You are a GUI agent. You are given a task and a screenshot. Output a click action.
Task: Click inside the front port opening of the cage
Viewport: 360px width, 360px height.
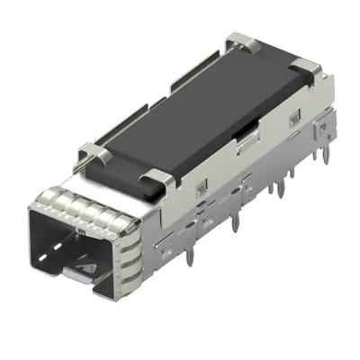point(76,243)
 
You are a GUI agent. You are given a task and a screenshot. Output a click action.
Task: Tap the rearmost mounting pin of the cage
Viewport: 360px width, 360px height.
point(317,157)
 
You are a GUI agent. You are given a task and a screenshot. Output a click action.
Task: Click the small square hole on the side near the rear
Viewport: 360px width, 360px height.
point(292,120)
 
